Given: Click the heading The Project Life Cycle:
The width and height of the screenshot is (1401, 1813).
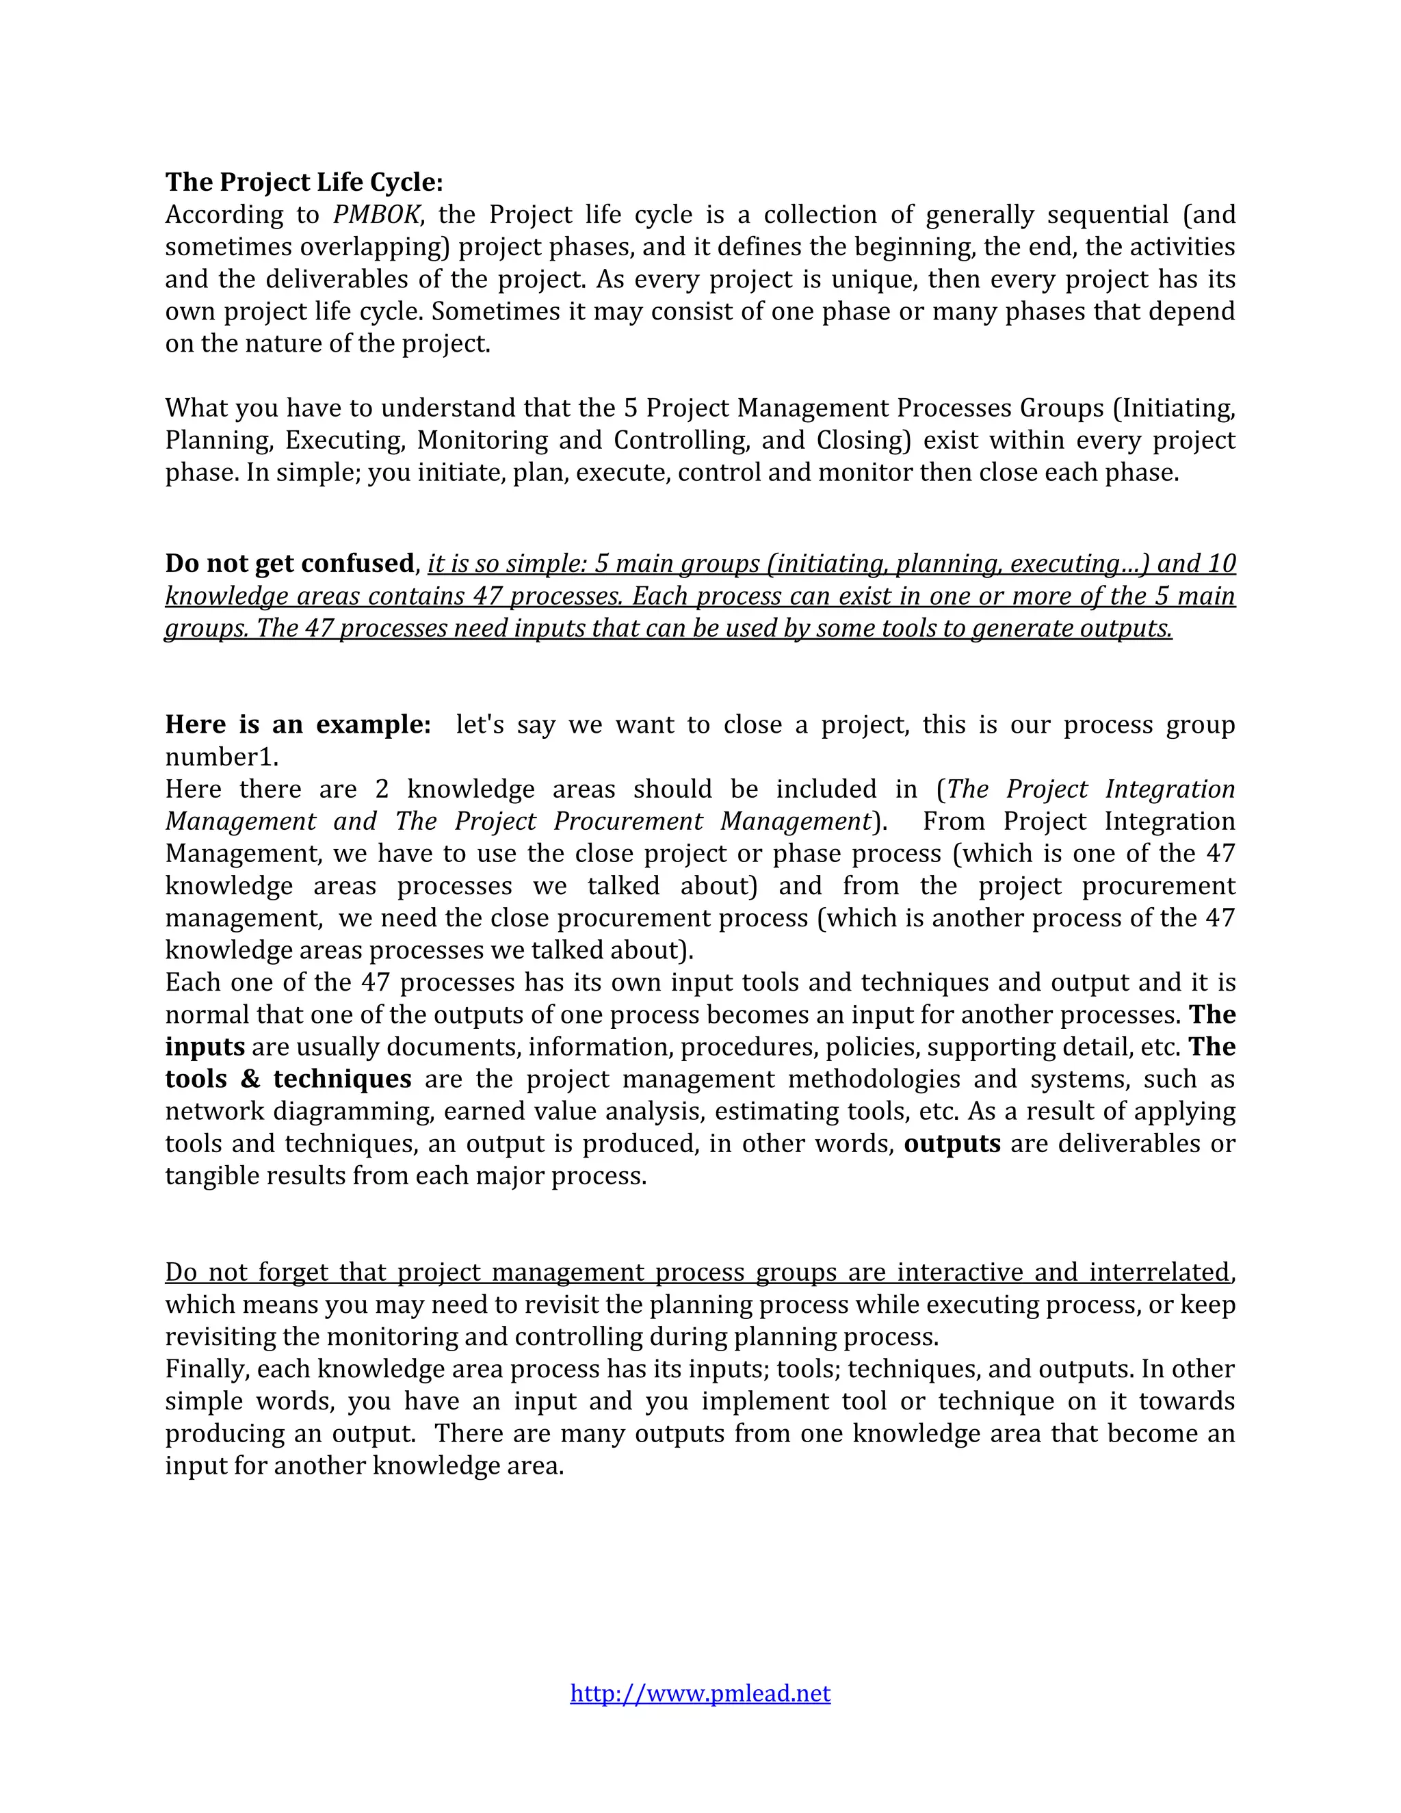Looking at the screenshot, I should (304, 182).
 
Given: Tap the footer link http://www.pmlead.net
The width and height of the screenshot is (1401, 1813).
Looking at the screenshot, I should (700, 1693).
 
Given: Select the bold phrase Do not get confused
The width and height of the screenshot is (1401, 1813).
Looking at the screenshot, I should (289, 563).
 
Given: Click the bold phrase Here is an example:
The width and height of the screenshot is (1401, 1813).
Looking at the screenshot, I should (298, 724).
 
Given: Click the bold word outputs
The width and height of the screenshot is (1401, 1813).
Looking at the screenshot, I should (952, 1143).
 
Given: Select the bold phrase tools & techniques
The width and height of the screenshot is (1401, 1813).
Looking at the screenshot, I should (288, 1078).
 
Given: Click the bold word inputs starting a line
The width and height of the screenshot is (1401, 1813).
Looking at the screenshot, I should (204, 1046).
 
